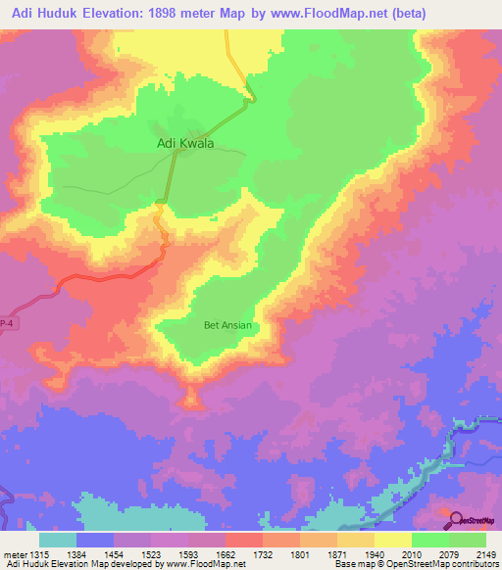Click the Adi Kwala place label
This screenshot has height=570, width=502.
(x=185, y=143)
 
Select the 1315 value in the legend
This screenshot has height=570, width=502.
(x=39, y=554)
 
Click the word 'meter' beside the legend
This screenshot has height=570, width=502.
(x=14, y=554)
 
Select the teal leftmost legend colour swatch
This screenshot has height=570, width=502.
(x=58, y=540)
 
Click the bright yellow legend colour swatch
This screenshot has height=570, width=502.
(x=392, y=540)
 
